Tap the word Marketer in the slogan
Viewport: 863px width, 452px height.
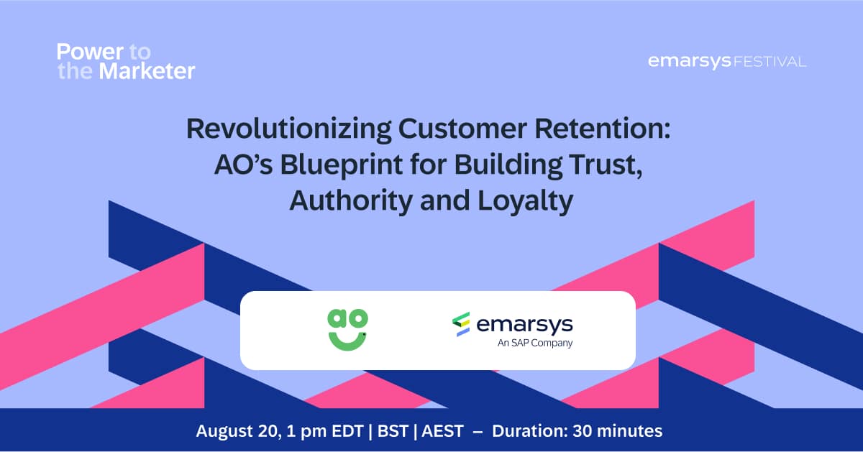pos(147,71)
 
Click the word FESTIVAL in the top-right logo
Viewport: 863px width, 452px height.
pos(770,63)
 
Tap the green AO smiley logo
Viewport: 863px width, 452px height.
pos(347,330)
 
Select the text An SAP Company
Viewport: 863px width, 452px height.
pos(535,343)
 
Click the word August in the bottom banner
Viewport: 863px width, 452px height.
pos(222,432)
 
